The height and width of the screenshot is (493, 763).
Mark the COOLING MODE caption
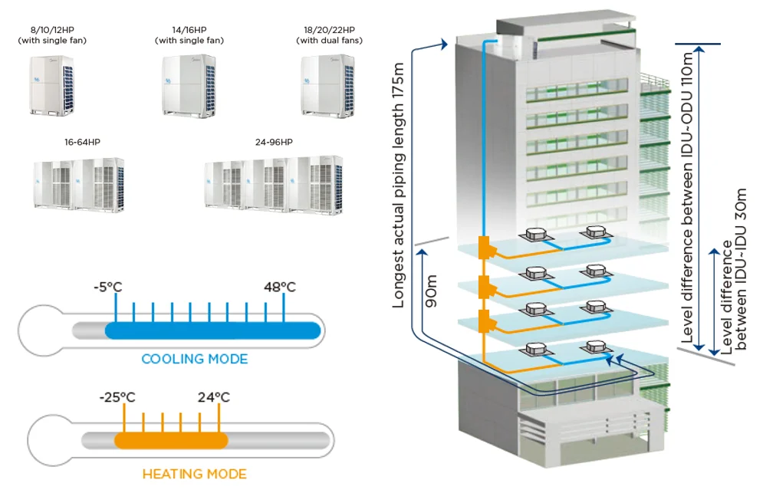[x=194, y=359]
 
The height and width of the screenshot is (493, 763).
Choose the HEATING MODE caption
[x=194, y=474]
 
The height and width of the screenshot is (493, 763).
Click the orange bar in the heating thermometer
[x=171, y=441]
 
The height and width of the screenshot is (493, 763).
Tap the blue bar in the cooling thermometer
[x=212, y=330]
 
